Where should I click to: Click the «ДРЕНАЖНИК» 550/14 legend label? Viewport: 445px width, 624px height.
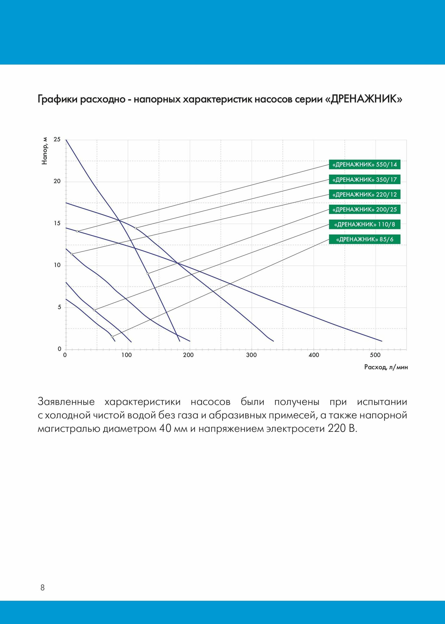click(x=364, y=164)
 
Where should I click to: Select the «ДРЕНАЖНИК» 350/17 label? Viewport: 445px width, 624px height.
click(x=364, y=179)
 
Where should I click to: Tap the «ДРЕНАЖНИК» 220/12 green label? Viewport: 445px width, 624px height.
click(x=364, y=194)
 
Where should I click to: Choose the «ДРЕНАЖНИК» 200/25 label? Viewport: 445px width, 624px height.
click(x=364, y=209)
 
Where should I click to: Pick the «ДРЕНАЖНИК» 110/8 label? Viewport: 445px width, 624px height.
click(x=364, y=224)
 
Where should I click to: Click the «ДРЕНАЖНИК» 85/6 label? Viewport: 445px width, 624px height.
click(x=364, y=239)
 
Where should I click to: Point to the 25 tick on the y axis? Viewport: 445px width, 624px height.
click(x=57, y=139)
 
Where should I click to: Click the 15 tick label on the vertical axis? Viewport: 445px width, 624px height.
click(x=57, y=223)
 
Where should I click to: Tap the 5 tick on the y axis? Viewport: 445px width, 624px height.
click(x=59, y=307)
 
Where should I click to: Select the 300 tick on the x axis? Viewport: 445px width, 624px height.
click(x=251, y=355)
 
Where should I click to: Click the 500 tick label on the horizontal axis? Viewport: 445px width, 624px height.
click(x=375, y=355)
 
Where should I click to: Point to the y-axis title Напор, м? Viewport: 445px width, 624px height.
click(x=45, y=151)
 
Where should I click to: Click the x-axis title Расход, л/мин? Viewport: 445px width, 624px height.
click(x=386, y=367)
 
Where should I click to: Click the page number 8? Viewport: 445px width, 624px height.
click(x=42, y=588)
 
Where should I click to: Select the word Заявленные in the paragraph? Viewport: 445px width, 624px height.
click(x=66, y=402)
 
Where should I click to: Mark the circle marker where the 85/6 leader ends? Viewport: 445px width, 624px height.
click(x=112, y=337)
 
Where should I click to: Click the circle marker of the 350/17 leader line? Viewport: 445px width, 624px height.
click(x=135, y=228)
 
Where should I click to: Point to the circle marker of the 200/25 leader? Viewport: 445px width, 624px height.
click(x=148, y=274)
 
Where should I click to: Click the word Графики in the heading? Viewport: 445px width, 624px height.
click(x=57, y=99)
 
